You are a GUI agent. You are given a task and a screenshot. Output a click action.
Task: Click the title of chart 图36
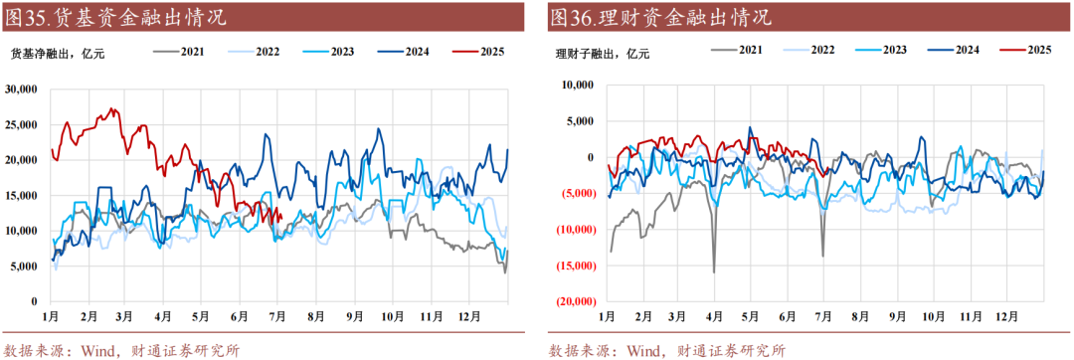[659, 17]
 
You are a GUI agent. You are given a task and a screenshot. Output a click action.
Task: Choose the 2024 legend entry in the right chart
[960, 49]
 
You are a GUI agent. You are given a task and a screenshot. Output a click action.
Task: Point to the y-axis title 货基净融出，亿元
[58, 54]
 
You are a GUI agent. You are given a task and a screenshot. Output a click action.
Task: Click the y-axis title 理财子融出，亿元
[603, 54]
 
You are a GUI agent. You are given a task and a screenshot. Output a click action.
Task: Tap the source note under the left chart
[121, 349]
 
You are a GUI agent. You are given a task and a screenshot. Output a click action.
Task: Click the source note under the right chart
[666, 349]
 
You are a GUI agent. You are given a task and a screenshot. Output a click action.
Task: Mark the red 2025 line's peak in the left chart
[111, 108]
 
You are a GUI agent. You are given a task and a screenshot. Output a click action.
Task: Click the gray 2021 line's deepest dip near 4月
[714, 272]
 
